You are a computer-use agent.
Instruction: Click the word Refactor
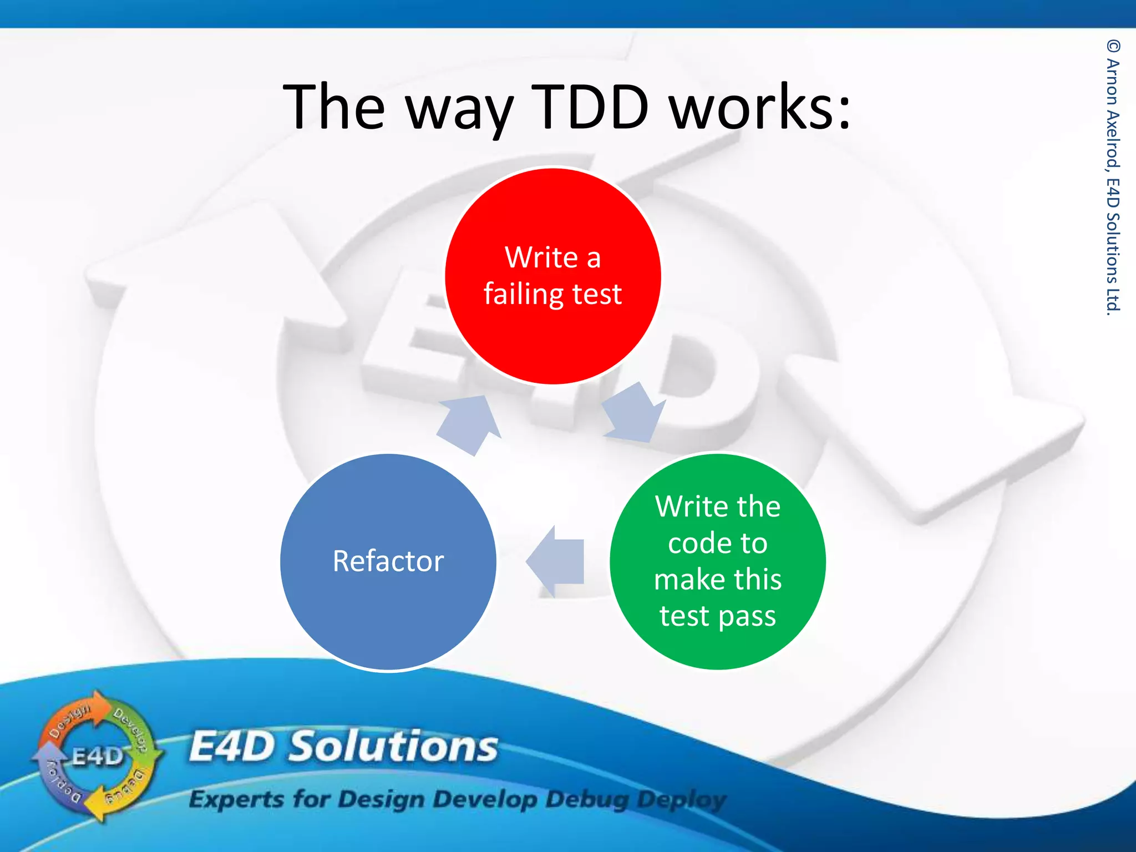click(388, 561)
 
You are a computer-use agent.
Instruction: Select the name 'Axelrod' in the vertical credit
click(1113, 139)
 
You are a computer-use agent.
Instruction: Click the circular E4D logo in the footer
click(97, 756)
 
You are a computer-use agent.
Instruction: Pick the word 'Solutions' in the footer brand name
click(394, 747)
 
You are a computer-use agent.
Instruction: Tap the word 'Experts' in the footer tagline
click(236, 799)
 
